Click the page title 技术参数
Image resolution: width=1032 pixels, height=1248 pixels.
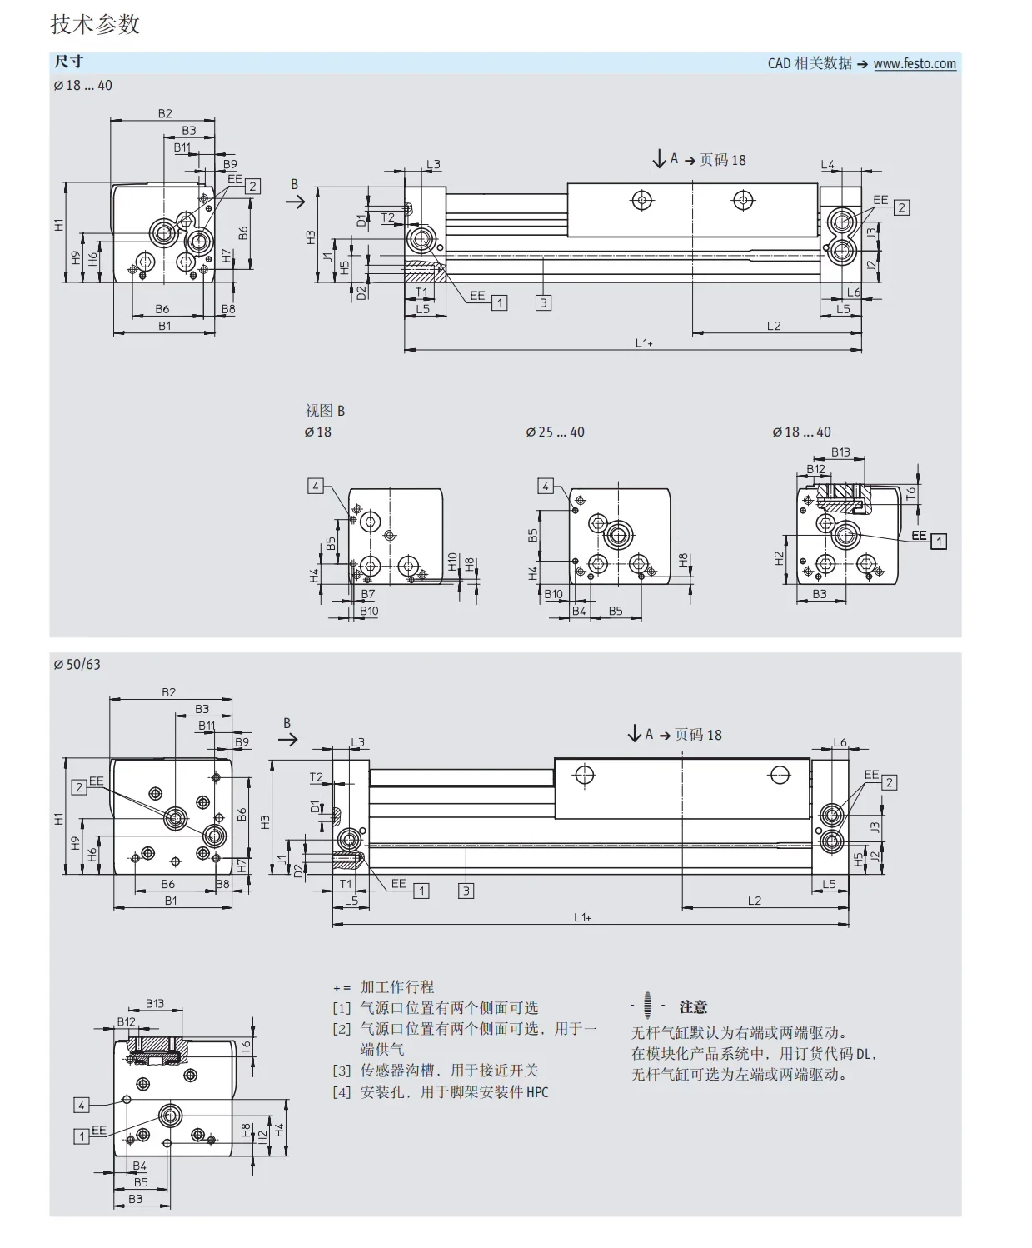click(x=95, y=24)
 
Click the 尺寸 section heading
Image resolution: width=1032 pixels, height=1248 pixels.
click(x=69, y=61)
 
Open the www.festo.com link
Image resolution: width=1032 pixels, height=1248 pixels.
click(x=915, y=63)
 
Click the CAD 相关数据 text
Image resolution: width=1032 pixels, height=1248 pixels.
click(x=810, y=63)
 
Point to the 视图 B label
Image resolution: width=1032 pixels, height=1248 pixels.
click(x=325, y=411)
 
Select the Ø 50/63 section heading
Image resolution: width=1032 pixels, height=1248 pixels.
click(x=77, y=664)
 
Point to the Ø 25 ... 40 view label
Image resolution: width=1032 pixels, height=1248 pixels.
click(x=555, y=432)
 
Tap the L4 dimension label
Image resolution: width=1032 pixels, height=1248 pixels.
click(x=827, y=164)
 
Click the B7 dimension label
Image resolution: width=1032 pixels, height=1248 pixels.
click(x=368, y=594)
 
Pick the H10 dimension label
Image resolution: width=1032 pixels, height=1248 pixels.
click(x=452, y=562)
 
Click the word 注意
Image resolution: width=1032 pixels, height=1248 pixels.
click(x=693, y=1007)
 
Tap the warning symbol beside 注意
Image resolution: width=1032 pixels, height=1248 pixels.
click(x=647, y=1005)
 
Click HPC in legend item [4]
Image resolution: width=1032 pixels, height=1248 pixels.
click(x=537, y=1092)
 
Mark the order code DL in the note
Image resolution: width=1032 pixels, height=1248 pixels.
click(x=863, y=1054)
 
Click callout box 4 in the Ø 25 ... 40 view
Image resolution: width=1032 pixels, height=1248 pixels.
click(x=546, y=486)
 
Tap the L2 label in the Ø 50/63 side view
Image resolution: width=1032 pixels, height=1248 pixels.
click(x=755, y=900)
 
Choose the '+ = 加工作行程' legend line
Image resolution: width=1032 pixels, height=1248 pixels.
click(x=384, y=986)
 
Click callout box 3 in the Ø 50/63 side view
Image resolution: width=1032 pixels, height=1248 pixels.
click(x=466, y=891)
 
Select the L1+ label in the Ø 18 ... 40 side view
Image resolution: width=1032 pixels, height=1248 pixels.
click(x=644, y=343)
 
